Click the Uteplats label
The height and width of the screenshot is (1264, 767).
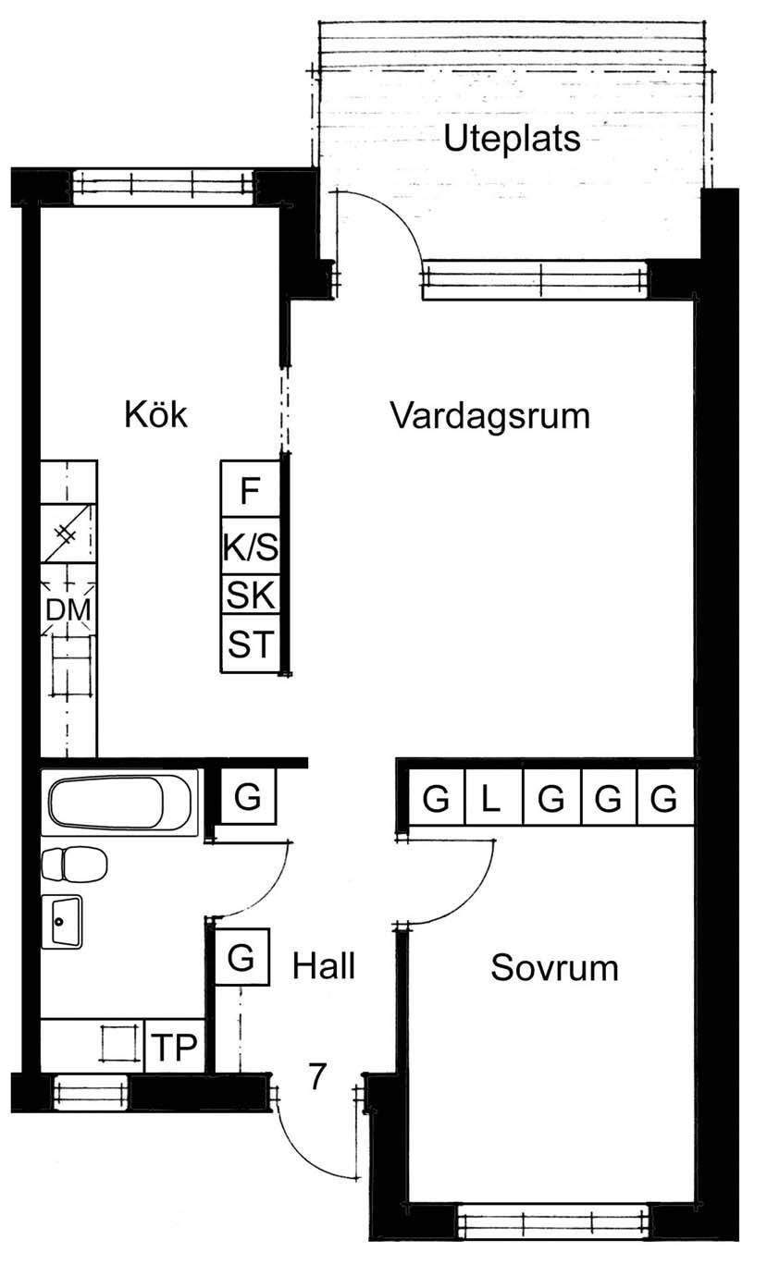tap(512, 139)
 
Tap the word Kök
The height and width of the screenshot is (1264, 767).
tap(155, 414)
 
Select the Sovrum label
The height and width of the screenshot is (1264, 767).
tap(554, 968)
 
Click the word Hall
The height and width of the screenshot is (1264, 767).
tap(324, 965)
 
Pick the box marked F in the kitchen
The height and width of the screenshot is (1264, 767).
tap(250, 489)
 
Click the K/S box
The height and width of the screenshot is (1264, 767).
tap(250, 546)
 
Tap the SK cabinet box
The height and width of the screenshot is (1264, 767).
tap(250, 595)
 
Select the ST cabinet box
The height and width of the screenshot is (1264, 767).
tap(250, 644)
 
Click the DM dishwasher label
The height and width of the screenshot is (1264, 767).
tap(68, 610)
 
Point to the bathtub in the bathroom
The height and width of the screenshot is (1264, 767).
tap(119, 803)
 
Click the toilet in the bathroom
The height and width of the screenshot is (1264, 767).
tap(75, 864)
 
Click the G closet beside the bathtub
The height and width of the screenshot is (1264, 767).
tap(248, 797)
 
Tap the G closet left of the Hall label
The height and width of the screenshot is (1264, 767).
tap(241, 958)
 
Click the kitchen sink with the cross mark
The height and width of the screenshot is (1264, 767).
tap(67, 534)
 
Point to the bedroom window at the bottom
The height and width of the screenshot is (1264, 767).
tap(552, 1222)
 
